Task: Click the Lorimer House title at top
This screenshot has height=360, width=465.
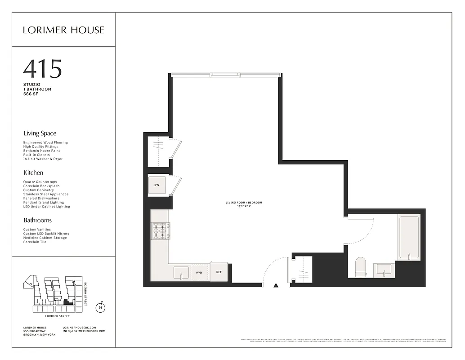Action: [63, 30]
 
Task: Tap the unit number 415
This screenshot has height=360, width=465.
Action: [42, 69]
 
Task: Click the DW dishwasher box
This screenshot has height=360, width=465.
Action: [157, 185]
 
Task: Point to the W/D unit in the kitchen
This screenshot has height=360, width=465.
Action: [199, 272]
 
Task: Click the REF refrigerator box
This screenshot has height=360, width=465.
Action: [219, 272]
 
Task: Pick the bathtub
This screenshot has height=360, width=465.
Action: [408, 237]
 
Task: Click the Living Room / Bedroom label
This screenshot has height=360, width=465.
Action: [244, 202]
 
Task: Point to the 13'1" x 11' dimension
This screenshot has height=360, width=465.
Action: [244, 207]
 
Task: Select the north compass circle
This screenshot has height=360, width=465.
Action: [101, 308]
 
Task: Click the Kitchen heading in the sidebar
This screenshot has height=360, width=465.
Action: [33, 172]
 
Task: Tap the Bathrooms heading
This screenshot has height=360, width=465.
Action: [37, 220]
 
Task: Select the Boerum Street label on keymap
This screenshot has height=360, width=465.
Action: [86, 294]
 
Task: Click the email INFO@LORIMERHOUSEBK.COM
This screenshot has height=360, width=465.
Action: [84, 331]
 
